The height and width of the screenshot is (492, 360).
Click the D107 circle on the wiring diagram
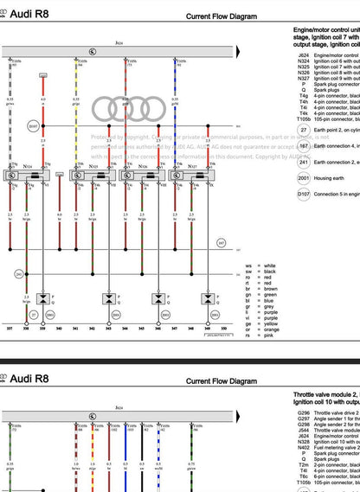tap(34, 126)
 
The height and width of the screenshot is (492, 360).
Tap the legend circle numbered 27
tap(303, 130)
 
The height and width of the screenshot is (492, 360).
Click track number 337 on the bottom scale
tap(10, 329)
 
